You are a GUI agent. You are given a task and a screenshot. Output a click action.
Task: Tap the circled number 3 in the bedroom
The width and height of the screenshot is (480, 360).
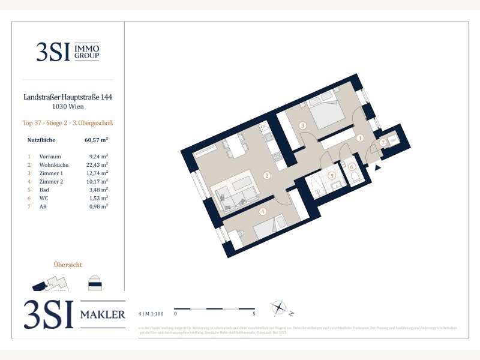302,125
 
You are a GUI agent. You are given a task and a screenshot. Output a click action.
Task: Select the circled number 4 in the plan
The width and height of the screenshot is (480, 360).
262,211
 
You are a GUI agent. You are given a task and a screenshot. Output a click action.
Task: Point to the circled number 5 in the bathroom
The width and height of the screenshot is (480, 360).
331,176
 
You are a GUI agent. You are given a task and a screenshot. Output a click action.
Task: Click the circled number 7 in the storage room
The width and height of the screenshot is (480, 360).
382,142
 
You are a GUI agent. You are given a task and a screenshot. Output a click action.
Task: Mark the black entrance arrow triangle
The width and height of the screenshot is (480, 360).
377,169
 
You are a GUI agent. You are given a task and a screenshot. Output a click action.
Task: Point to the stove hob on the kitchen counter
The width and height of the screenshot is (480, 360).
277,157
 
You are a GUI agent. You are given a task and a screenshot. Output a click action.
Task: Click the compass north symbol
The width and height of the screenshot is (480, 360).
278,308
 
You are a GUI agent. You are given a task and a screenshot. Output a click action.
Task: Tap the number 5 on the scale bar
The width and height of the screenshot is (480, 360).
254,313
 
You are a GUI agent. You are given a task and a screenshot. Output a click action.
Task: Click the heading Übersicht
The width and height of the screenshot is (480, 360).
68,264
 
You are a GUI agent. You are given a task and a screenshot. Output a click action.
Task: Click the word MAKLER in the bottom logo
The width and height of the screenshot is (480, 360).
103,314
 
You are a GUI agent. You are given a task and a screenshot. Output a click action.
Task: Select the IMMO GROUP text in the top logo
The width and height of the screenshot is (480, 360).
86,52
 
